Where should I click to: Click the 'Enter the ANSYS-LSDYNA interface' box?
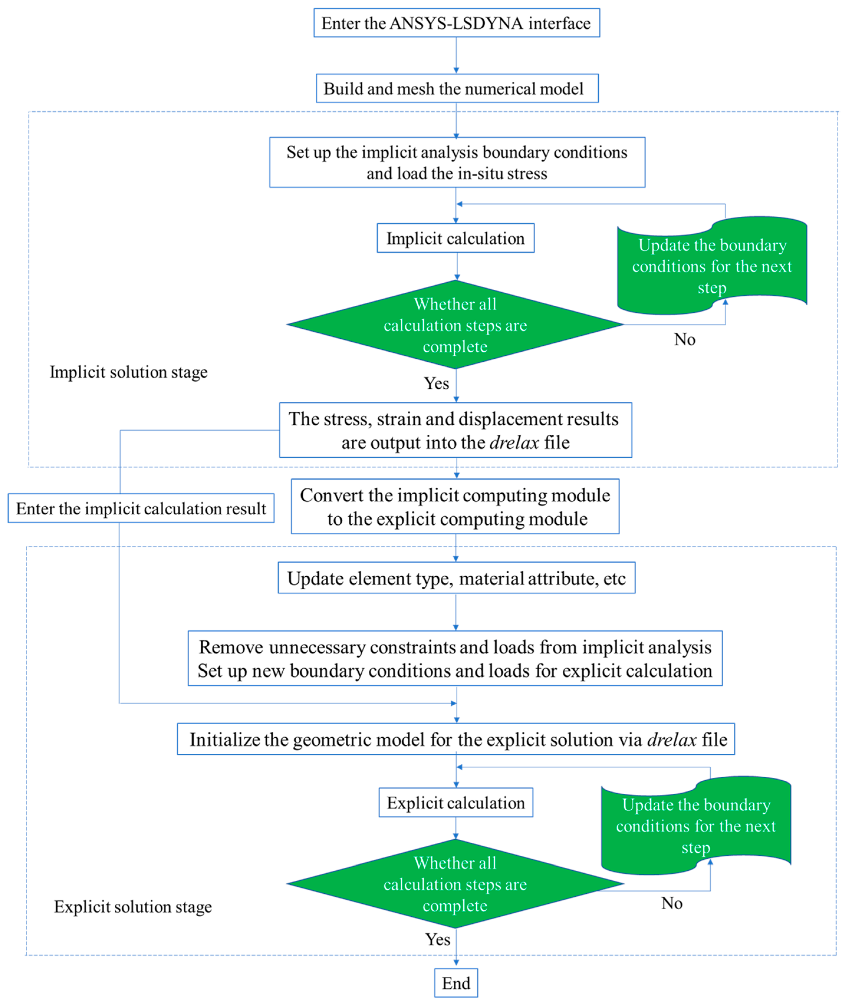click(456, 23)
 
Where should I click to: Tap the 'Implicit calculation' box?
click(455, 238)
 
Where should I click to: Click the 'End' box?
click(456, 983)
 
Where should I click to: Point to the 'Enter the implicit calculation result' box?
click(141, 508)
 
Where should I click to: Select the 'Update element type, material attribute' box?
click(456, 578)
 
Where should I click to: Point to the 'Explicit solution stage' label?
click(133, 907)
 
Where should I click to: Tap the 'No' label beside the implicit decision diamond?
click(684, 339)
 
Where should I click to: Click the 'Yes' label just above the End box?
click(438, 939)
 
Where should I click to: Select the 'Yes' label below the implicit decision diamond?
click(436, 383)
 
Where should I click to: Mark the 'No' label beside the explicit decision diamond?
click(671, 903)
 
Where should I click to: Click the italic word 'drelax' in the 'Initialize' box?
click(671, 740)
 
